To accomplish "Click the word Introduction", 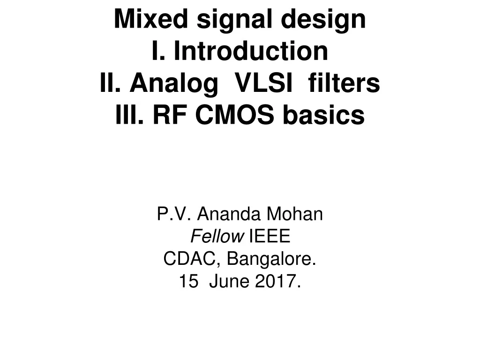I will [x=251, y=51].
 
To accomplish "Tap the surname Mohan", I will [x=295, y=215].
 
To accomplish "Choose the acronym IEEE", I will [x=270, y=237].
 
